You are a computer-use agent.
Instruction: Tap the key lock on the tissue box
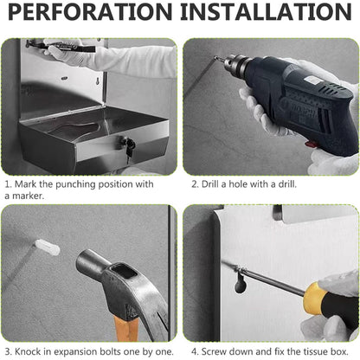[130, 150]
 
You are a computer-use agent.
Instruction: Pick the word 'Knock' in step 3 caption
[31, 350]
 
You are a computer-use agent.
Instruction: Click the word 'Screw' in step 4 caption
[217, 350]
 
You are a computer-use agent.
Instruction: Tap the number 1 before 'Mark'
[8, 183]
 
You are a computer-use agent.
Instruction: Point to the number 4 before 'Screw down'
[195, 350]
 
